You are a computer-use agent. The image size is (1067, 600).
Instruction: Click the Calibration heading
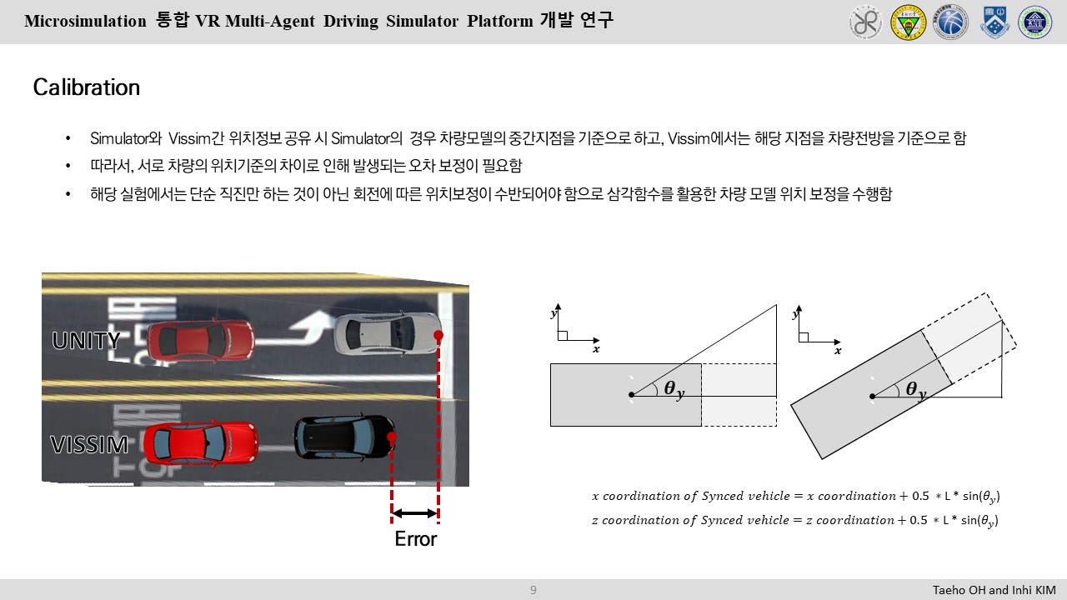coord(87,87)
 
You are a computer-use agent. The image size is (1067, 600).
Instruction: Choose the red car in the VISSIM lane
coord(197,443)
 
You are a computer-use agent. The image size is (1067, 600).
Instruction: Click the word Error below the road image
coord(415,539)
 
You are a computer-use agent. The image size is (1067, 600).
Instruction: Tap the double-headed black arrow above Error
coord(414,512)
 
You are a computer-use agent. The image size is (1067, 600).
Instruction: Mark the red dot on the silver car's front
coord(438,335)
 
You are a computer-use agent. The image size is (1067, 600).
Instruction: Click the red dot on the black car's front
coord(391,437)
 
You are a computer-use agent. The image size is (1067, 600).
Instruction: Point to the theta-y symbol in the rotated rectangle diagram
coord(915,389)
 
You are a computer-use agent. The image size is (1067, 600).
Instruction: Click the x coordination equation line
coord(795,496)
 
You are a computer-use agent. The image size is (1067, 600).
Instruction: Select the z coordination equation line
coord(795,520)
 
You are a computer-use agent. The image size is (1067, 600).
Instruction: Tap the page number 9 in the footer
coord(533,590)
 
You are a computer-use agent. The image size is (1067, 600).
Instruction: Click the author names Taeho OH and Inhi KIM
coord(994,590)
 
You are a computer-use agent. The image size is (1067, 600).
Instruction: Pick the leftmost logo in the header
coord(865,22)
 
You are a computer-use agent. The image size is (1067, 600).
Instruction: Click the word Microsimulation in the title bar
coord(85,22)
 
